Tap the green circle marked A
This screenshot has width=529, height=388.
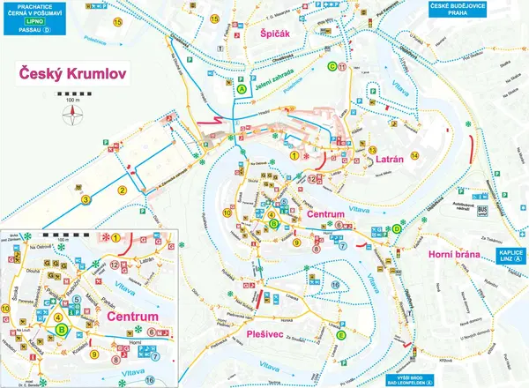tap(241, 88)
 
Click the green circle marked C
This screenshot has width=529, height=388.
tap(332, 66)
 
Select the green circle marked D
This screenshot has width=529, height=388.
tap(397, 229)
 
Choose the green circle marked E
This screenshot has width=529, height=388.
tap(340, 334)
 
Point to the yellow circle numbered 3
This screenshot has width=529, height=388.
tap(86, 200)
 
